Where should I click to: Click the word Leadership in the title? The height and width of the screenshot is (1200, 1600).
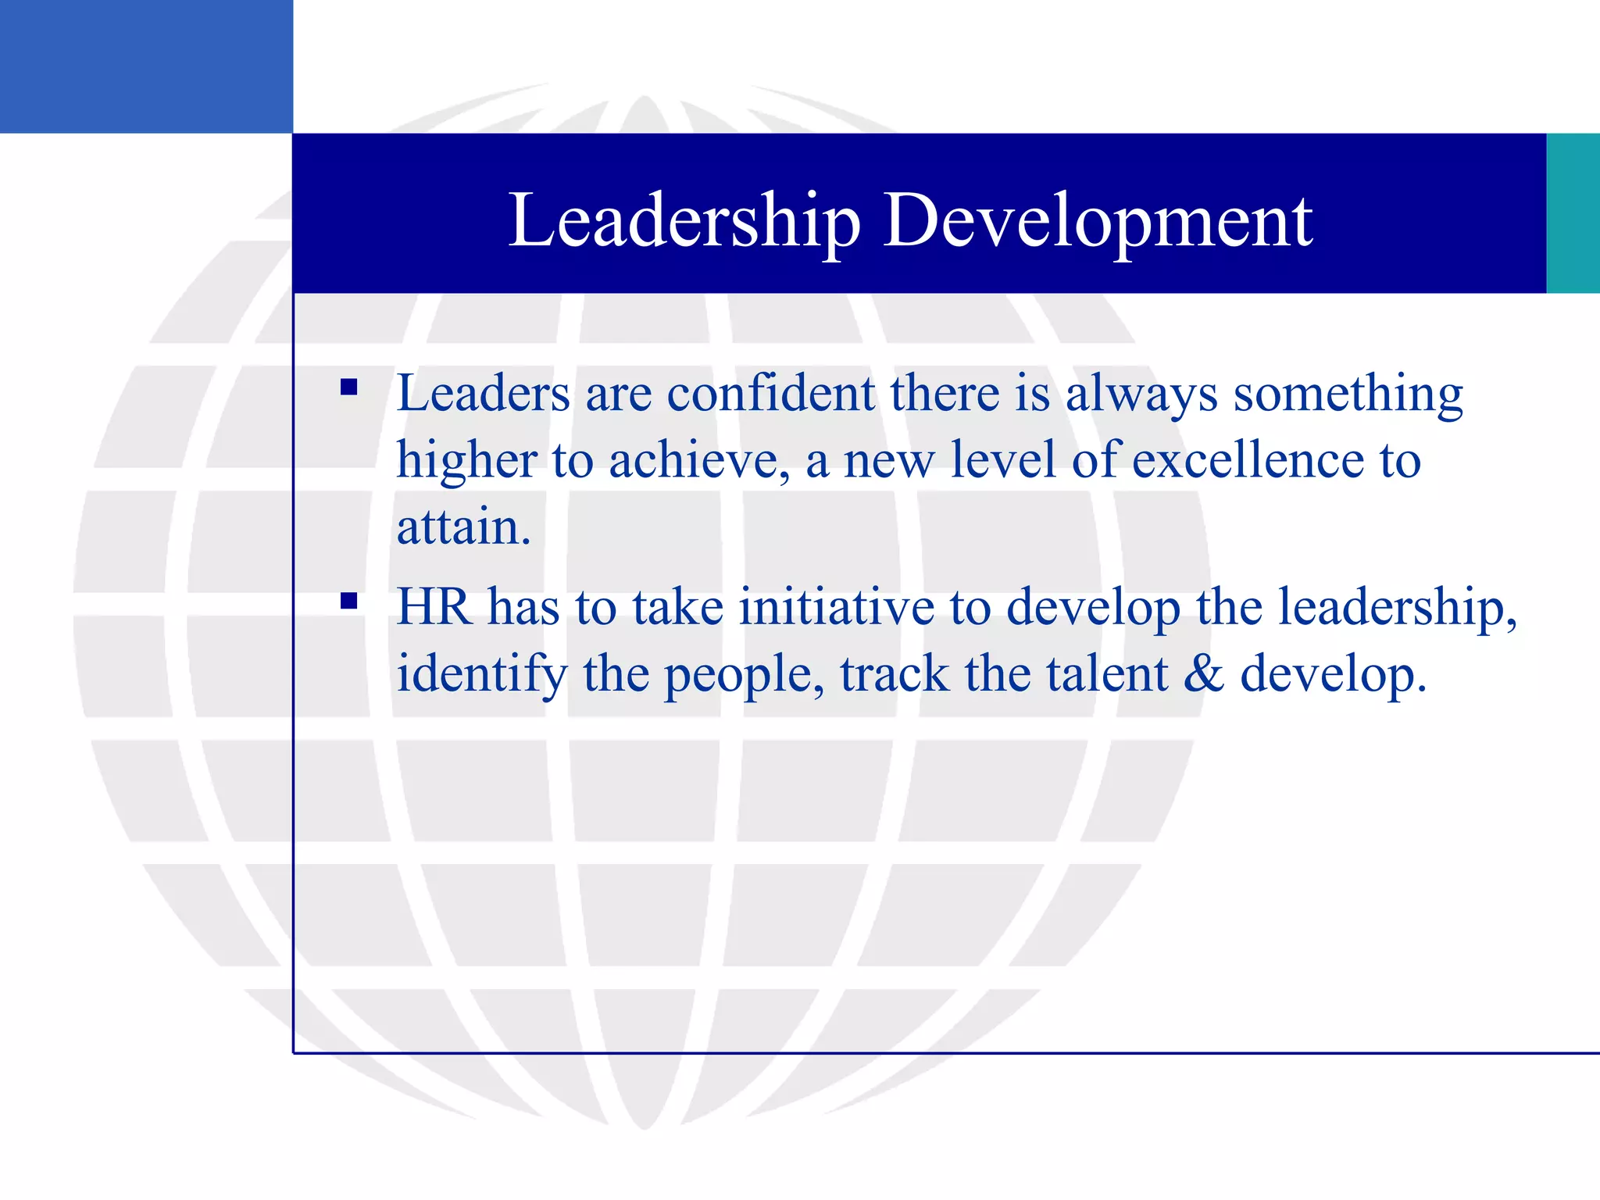pyautogui.click(x=684, y=221)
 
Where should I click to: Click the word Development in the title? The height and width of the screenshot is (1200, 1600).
pyautogui.click(x=1098, y=221)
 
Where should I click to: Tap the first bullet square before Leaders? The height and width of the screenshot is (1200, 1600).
pyautogui.click(x=349, y=387)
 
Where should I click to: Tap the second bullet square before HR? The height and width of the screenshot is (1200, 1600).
pyautogui.click(x=349, y=601)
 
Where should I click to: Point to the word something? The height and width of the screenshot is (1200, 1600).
pyautogui.click(x=1348, y=395)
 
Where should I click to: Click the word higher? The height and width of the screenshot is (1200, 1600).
pyautogui.click(x=466, y=461)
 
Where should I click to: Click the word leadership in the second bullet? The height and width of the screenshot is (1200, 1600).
pyautogui.click(x=1396, y=608)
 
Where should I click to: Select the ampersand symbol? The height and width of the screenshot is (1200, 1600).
pyautogui.click(x=1204, y=673)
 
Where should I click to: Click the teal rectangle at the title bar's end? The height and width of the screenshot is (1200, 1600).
pyautogui.click(x=1573, y=213)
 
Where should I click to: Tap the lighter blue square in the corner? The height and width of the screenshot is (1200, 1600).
pyautogui.click(x=146, y=66)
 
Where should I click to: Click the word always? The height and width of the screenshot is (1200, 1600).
pyautogui.click(x=1141, y=395)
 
